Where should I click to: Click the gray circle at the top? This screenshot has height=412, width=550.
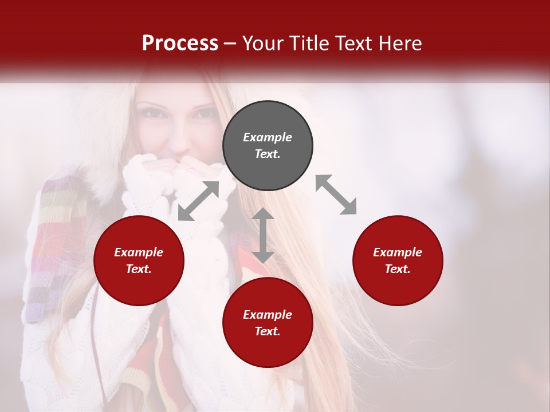(268, 146)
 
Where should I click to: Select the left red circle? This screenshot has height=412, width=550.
(139, 261)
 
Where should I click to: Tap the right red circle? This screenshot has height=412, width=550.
(398, 261)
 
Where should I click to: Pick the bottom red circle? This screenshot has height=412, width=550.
(268, 323)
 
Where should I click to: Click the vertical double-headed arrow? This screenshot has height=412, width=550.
(263, 235)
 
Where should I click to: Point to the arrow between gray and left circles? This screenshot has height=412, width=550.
(198, 201)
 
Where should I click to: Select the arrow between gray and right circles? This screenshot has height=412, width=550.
(336, 195)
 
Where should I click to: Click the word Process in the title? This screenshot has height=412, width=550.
(180, 43)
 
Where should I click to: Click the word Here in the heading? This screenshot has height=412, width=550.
(400, 43)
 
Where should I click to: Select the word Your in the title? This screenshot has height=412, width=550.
(262, 43)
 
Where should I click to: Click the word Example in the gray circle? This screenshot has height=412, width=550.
(268, 137)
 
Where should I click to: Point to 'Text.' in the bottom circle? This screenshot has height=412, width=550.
(268, 331)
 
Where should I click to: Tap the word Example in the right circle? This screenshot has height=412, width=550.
(398, 252)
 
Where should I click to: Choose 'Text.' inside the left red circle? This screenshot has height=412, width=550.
(139, 269)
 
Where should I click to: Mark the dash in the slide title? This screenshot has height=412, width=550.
(230, 44)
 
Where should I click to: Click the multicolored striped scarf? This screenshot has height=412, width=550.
(54, 246)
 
